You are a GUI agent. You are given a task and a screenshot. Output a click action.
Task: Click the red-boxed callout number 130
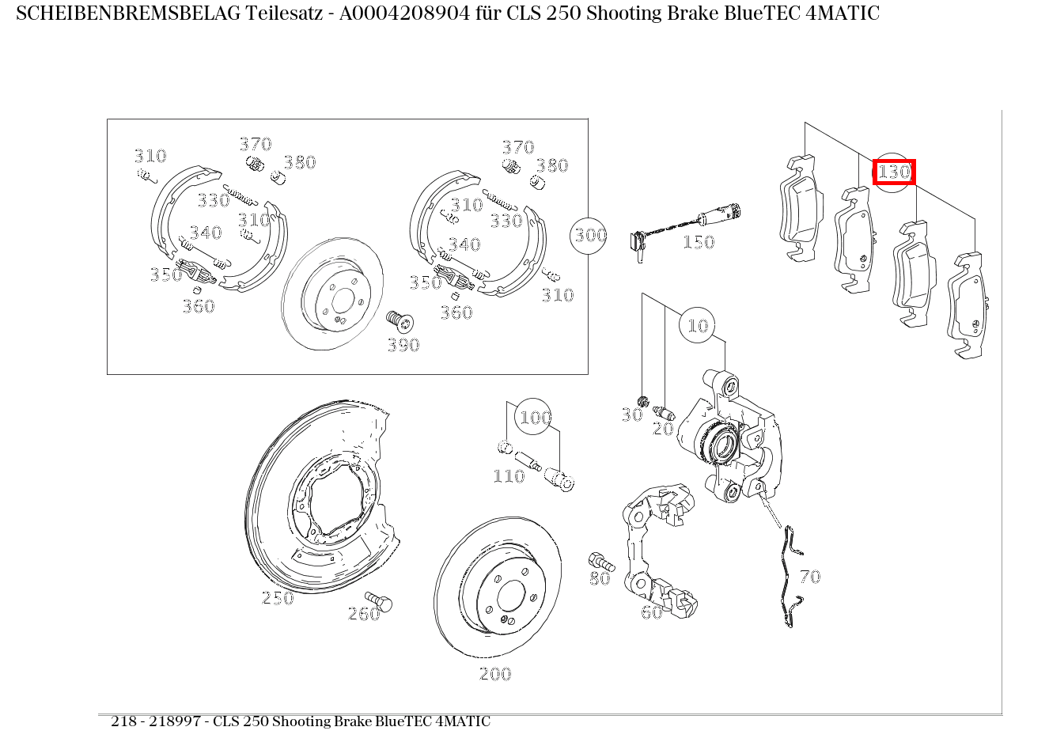(x=894, y=172)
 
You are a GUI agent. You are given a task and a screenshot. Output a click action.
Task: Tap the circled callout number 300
(x=589, y=236)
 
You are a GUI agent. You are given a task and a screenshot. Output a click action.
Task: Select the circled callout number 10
(x=697, y=325)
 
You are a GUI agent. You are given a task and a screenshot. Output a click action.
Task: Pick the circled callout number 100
(x=533, y=417)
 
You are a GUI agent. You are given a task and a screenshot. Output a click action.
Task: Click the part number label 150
(x=699, y=242)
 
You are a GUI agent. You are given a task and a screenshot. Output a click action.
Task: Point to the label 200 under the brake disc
(x=495, y=674)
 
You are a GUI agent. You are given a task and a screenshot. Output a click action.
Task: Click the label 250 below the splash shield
(x=278, y=598)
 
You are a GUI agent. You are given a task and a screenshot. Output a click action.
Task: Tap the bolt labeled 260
(x=379, y=600)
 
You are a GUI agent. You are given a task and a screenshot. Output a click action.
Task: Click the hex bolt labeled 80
(x=600, y=562)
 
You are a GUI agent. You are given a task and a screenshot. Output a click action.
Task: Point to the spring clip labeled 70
(x=792, y=576)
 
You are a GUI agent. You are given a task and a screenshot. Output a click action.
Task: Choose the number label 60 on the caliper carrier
(x=652, y=611)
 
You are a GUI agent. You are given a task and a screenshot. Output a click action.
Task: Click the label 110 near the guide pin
(x=509, y=476)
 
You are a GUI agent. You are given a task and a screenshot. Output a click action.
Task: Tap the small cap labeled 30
(x=643, y=401)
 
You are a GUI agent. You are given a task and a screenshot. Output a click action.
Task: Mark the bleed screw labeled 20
(x=664, y=412)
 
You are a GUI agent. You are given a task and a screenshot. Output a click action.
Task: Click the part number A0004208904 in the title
(x=404, y=13)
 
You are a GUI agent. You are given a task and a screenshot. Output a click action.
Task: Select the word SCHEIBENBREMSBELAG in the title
(x=128, y=13)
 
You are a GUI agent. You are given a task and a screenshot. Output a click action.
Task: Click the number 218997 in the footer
(x=175, y=721)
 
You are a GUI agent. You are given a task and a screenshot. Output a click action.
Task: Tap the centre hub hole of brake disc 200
(x=511, y=596)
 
